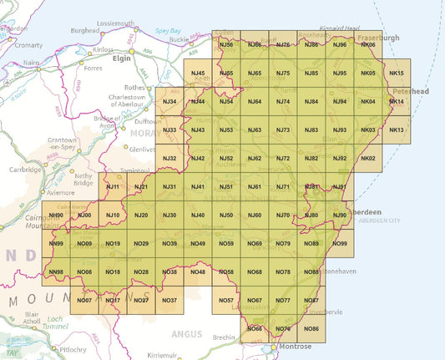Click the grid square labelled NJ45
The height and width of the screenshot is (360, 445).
[198, 74]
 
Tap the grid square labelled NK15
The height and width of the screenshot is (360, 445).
[397, 74]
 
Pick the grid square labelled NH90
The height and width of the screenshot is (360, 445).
[57, 215]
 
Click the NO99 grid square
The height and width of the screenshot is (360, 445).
[340, 243]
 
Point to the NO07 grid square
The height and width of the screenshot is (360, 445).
[84, 300]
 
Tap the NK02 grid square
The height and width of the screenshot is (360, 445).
[368, 159]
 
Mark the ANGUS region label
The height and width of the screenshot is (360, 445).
[188, 333]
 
